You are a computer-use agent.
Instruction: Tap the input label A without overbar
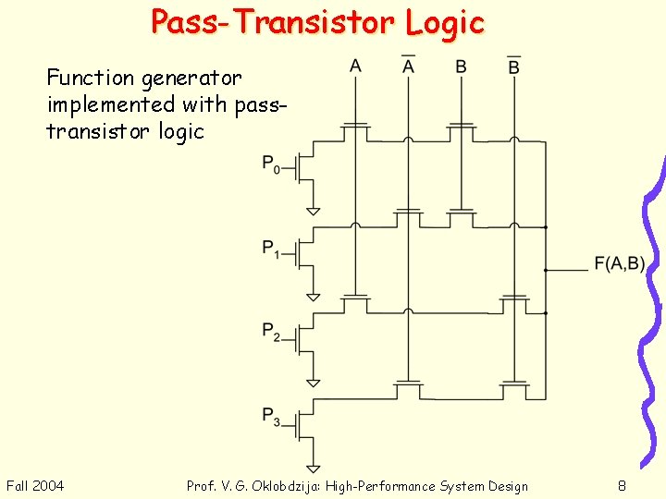[355, 66]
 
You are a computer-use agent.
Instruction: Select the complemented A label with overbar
[408, 66]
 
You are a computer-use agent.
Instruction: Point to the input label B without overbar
[461, 66]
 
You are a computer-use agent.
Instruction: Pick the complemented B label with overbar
[513, 66]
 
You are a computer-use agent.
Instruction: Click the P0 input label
[271, 165]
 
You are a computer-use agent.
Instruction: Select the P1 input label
[271, 249]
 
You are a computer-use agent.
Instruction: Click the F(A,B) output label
[619, 264]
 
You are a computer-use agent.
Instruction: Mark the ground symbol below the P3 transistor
[314, 468]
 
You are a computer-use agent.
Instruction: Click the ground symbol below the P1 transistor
[314, 296]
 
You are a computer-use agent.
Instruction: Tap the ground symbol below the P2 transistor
[314, 381]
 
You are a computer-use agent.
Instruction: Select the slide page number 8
[623, 486]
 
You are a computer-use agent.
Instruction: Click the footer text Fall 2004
[35, 486]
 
